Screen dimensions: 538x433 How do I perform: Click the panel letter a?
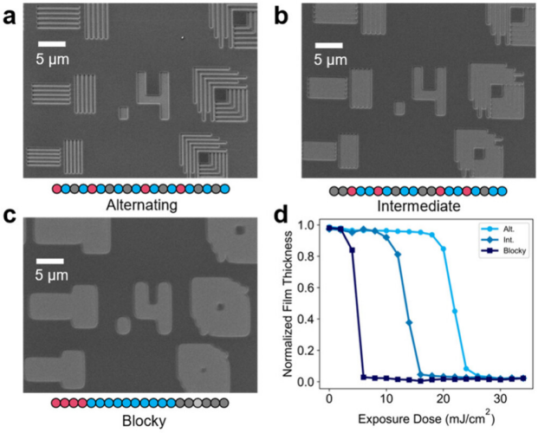point(10,17)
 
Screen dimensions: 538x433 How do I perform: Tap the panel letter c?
point(10,216)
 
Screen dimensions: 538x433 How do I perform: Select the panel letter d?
point(282,216)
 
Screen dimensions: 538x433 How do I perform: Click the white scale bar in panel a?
point(52,44)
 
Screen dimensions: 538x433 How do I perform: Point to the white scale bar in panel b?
point(329,45)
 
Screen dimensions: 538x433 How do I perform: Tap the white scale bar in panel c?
point(50,262)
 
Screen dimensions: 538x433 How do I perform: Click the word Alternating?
point(142,205)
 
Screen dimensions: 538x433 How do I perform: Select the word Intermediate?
point(418,206)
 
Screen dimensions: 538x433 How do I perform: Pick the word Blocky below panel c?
point(144,421)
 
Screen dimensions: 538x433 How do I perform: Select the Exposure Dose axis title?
point(426,418)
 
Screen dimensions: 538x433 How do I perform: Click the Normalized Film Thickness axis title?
point(288,304)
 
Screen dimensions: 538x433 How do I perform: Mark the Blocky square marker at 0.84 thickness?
point(352,250)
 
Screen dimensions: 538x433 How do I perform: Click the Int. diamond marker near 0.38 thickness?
point(409,322)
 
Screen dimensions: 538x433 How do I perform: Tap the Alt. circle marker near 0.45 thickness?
point(455,311)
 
